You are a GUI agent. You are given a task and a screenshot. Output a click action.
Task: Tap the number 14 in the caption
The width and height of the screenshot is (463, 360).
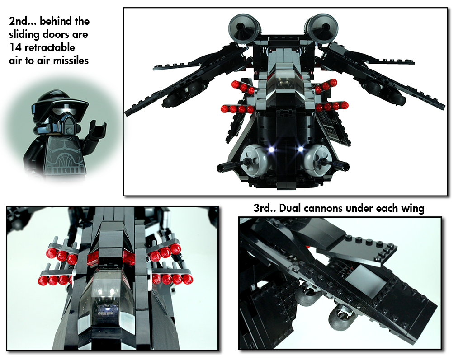pyautogui.click(x=15, y=47)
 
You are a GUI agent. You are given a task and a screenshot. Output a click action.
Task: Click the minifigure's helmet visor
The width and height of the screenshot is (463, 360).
pyautogui.click(x=45, y=108)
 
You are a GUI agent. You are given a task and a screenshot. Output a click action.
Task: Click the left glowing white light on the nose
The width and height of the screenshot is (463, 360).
pyautogui.click(x=271, y=148)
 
